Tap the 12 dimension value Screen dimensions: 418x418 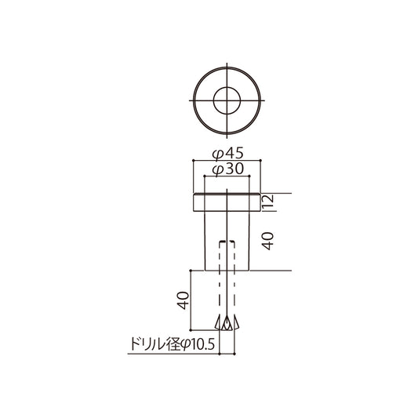pos(267,203)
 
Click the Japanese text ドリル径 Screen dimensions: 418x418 pos(151,343)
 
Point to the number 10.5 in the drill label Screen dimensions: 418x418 pos(202,343)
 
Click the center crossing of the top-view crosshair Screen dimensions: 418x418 pos(225,100)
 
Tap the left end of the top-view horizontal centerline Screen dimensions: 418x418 pos(190,100)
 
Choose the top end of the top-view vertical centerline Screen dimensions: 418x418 pos(225,65)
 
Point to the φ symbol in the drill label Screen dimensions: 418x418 pos(185,343)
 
